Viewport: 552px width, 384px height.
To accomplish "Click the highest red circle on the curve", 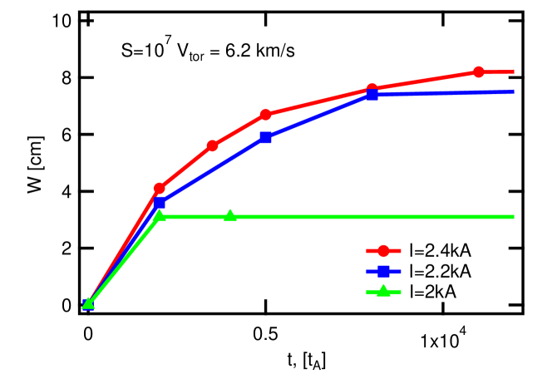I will [x=479, y=71].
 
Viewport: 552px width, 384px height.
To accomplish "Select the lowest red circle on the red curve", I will [x=160, y=189].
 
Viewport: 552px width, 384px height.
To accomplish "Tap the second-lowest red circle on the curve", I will [x=213, y=145].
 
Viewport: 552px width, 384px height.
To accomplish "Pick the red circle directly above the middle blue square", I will [x=265, y=115].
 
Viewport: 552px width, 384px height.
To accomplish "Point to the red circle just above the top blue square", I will [x=372, y=89].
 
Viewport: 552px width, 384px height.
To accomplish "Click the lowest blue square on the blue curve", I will [x=160, y=203].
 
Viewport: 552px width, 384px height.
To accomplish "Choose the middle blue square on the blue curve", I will [x=265, y=137].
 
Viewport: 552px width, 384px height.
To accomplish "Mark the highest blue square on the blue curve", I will [x=372, y=95].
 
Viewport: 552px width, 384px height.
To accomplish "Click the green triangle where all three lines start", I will [x=88, y=303].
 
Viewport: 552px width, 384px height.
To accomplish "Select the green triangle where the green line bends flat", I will [x=160, y=215].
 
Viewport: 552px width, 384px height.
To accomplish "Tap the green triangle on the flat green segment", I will [x=230, y=215].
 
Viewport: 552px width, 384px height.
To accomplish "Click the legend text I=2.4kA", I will [x=441, y=250].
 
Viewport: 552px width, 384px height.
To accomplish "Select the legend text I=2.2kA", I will [x=441, y=271].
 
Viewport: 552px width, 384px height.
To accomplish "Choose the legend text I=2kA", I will [x=434, y=291].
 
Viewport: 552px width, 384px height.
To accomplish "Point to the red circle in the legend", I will [x=383, y=250].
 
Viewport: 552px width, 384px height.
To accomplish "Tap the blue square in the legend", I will [x=383, y=271].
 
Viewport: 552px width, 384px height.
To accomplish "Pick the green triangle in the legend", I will [x=383, y=291].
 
